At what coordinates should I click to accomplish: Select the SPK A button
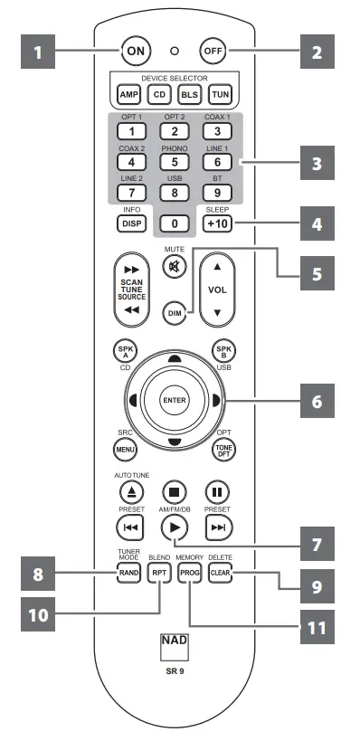pyautogui.click(x=123, y=350)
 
